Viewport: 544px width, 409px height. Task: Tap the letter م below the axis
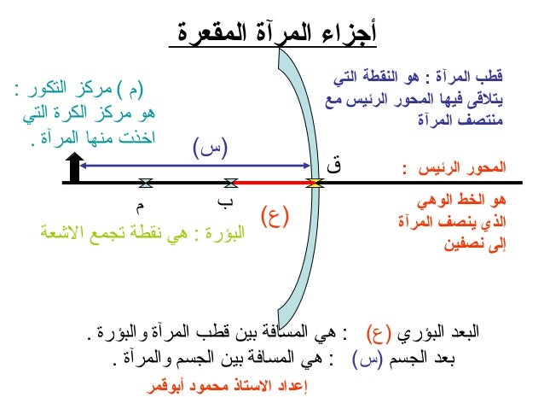[140, 204]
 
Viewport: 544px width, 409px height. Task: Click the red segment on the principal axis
[273, 182]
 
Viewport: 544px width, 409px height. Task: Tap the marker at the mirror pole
[315, 182]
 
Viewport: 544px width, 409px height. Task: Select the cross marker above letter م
[146, 183]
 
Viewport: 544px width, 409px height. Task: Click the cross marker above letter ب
[229, 183]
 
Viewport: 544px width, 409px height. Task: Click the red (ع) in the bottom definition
[378, 333]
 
